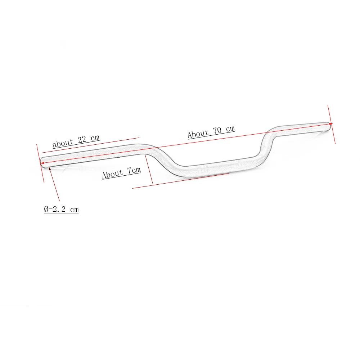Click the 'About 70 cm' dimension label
(x=211, y=132)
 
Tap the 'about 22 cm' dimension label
(x=76, y=141)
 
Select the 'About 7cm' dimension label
(x=121, y=172)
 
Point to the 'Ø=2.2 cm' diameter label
(x=61, y=209)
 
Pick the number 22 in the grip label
(x=81, y=140)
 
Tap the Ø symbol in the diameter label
(x=46, y=210)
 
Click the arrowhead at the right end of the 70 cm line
(x=330, y=124)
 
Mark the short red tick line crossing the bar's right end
(x=332, y=124)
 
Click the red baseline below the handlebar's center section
(x=180, y=181)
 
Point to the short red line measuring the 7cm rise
(x=149, y=170)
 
